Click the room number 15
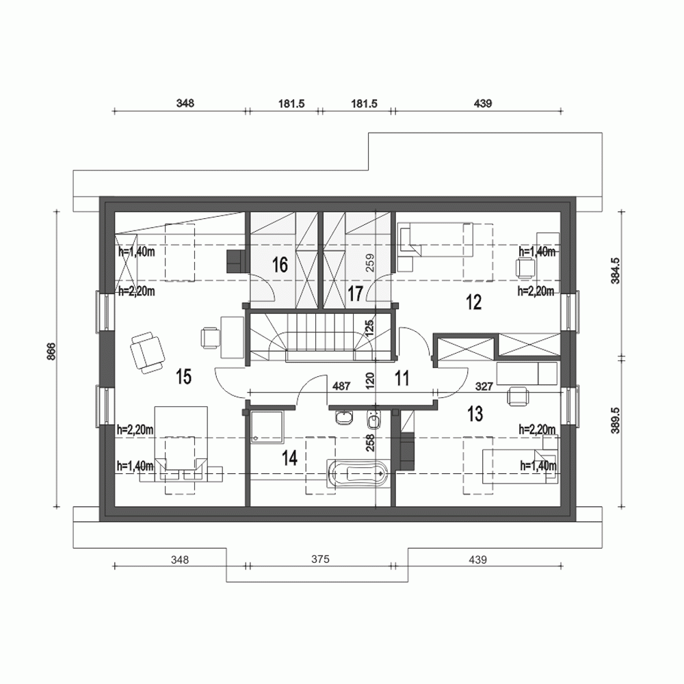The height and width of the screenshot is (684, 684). tap(183, 376)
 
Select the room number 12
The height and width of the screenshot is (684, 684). tap(473, 301)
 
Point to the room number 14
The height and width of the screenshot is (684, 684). tap(289, 458)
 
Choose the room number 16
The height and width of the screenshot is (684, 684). tap(278, 265)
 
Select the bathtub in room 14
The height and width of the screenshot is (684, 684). tap(358, 473)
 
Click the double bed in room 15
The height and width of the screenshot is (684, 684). tap(181, 445)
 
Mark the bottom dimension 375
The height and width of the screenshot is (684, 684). tap(319, 559)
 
